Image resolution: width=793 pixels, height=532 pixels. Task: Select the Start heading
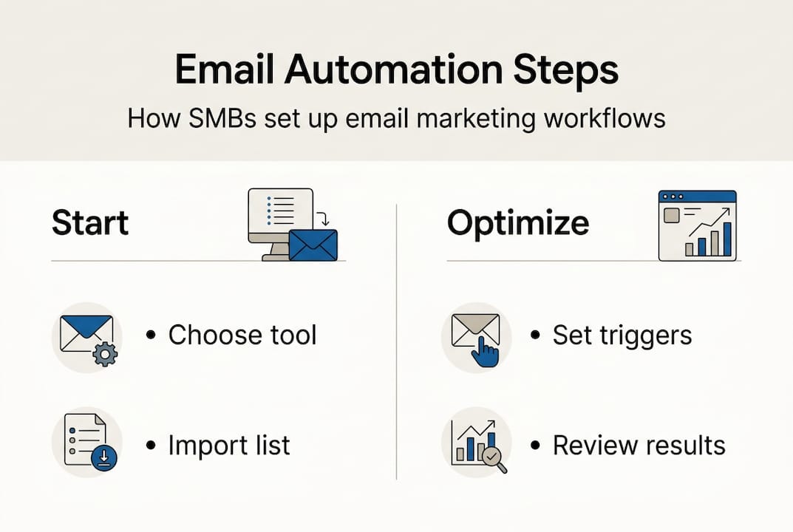coord(90,223)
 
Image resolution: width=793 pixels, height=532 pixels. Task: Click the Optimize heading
coord(518,223)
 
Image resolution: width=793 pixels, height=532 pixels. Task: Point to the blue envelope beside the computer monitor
coord(313,245)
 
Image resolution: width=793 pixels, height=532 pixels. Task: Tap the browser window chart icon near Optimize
coord(698,225)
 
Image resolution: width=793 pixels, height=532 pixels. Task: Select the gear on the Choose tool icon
coord(104,355)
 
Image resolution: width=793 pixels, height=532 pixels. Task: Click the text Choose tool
coord(242,335)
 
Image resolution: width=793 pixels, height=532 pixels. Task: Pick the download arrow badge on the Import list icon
coord(103,460)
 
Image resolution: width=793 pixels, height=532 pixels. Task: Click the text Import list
coord(229,446)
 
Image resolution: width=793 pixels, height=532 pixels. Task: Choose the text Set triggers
coord(622,335)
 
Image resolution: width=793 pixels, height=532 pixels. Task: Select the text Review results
coord(639,446)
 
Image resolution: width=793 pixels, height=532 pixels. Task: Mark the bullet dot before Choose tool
coord(152,336)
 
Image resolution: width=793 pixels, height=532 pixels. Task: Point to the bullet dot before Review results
coord(536,446)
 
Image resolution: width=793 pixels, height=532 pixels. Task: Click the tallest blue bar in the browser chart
coord(727,238)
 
